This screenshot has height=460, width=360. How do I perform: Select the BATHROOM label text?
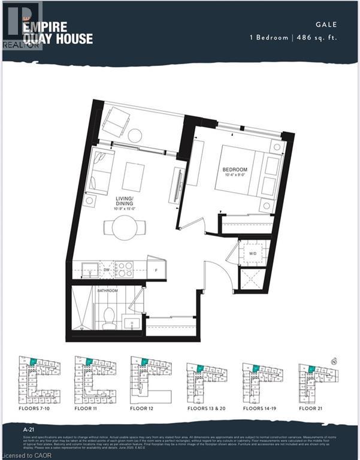point(108,290)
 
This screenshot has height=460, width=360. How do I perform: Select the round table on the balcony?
point(134,135)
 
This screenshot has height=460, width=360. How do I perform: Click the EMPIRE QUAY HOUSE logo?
point(58,32)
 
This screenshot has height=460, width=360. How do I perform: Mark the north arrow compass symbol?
point(334,361)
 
